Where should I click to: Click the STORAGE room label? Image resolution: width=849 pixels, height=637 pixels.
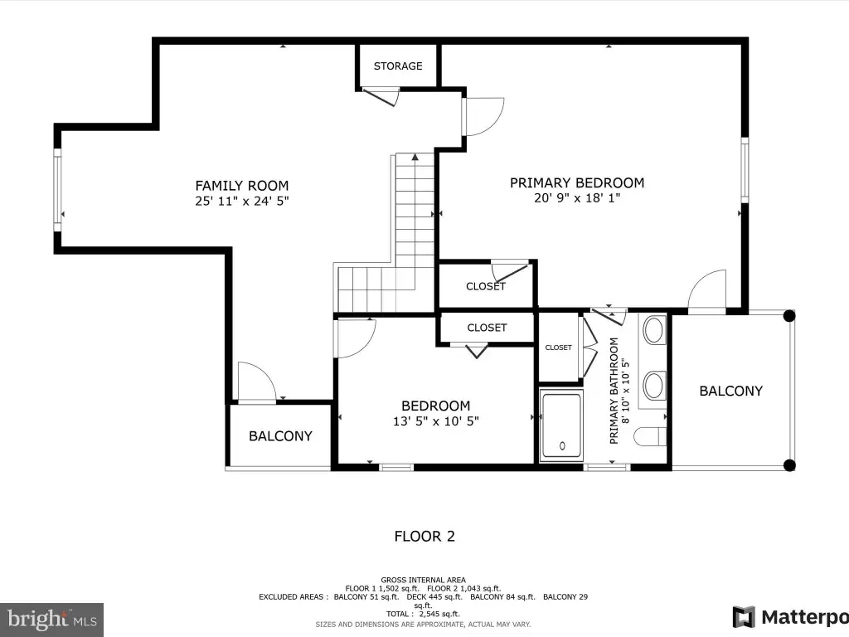(x=398, y=66)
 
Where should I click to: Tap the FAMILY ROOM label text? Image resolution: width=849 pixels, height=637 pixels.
(x=242, y=186)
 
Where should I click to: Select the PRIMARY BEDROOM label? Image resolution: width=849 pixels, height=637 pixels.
(x=577, y=183)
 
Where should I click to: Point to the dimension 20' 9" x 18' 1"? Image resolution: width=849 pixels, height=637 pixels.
(x=577, y=198)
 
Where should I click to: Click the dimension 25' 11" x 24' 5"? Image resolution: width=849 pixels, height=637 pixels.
(x=242, y=201)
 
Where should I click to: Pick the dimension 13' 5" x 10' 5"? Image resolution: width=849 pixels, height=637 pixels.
(x=436, y=421)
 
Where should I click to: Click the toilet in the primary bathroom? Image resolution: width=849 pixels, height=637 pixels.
(x=650, y=436)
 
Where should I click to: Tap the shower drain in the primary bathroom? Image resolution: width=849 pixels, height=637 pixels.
(x=562, y=445)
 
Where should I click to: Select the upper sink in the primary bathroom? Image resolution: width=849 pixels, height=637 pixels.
(x=654, y=330)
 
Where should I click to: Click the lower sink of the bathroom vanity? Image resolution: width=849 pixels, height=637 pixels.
(x=654, y=385)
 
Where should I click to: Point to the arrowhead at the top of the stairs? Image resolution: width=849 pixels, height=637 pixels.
(x=415, y=157)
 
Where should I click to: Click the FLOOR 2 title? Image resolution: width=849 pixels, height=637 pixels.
(x=424, y=537)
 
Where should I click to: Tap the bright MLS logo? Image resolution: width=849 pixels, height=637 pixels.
(x=52, y=620)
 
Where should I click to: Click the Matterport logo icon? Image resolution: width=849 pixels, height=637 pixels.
(x=744, y=617)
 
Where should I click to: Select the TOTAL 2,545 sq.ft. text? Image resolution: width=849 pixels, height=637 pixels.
(x=423, y=614)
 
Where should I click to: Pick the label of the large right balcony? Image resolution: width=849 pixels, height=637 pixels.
(x=731, y=391)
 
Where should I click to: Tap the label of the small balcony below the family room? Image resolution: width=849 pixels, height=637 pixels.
(x=280, y=436)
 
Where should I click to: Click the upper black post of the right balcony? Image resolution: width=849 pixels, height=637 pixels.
(x=789, y=316)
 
